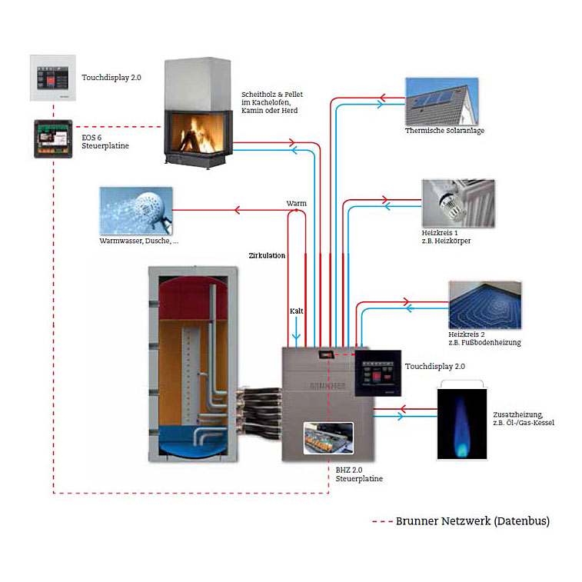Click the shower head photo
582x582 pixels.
pyautogui.click(x=136, y=211)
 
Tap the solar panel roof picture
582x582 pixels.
pyautogui.click(x=442, y=101)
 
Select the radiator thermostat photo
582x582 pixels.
pyautogui.click(x=458, y=204)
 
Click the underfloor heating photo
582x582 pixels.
pyautogui.click(x=485, y=305)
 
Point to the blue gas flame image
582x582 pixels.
pyautogui.click(x=462, y=424)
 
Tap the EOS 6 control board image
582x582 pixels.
pyautogui.click(x=53, y=139)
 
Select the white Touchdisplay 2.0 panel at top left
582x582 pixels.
pyautogui.click(x=53, y=78)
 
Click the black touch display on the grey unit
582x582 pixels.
pyautogui.click(x=377, y=373)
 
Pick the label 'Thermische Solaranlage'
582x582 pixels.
pyautogui.click(x=444, y=131)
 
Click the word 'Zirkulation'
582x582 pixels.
pyautogui.click(x=267, y=255)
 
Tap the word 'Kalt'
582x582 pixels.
pyautogui.click(x=296, y=311)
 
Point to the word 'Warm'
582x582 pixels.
pyautogui.click(x=296, y=204)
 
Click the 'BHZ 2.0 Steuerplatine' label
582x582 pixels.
pyautogui.click(x=359, y=474)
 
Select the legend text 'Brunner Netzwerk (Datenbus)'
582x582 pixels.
pyautogui.click(x=473, y=521)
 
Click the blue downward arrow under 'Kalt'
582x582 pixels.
pyautogui.click(x=296, y=329)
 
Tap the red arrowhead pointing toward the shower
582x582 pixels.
pyautogui.click(x=238, y=210)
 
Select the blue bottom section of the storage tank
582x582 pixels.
pyautogui.click(x=192, y=441)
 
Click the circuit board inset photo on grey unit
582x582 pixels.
pyautogui.click(x=328, y=438)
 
